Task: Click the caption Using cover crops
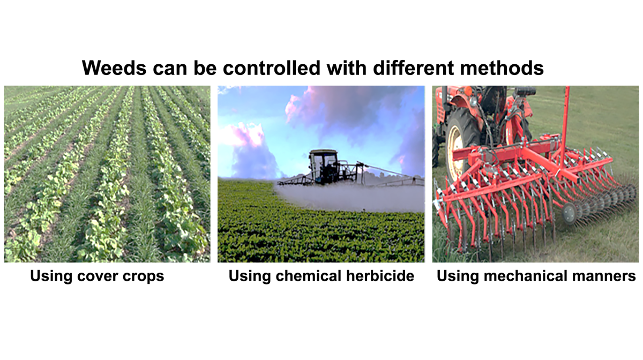click(96, 276)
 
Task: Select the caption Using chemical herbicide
click(321, 276)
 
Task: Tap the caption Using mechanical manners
click(536, 276)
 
